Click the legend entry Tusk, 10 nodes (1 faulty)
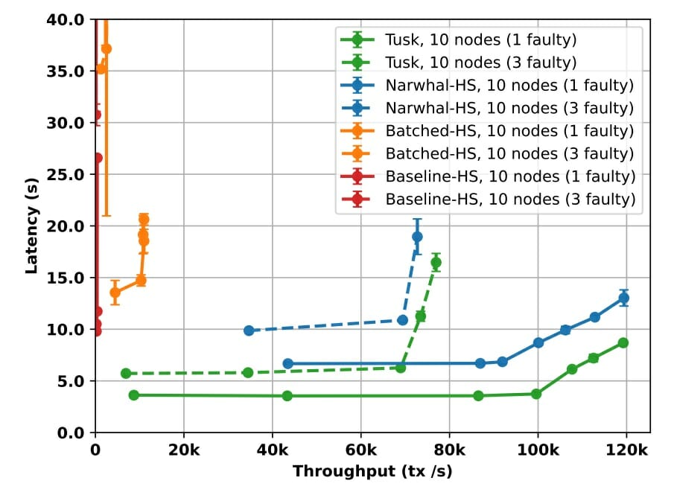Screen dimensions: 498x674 480,39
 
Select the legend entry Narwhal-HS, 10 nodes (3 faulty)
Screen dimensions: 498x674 509,108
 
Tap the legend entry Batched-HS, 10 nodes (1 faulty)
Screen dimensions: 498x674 509,131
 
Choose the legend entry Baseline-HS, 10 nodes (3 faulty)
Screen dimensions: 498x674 510,199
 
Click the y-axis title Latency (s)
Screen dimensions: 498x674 32,225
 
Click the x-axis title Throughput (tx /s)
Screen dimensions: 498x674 372,471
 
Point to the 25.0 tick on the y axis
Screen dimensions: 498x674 71,174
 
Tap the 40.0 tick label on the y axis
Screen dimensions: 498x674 71,19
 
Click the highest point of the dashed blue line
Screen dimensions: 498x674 417,237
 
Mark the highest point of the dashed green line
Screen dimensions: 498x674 436,262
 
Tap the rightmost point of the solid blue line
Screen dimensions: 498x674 623,298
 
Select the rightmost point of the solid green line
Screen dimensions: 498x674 623,342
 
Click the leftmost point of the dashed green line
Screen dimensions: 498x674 126,373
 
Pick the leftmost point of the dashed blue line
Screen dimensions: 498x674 249,330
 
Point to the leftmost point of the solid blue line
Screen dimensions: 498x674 287,363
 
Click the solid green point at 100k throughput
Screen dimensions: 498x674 536,393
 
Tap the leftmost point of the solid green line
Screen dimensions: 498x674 133,395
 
